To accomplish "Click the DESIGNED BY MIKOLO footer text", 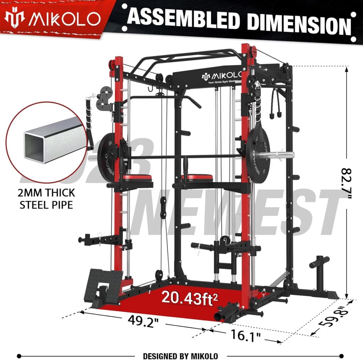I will tap(180, 356).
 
